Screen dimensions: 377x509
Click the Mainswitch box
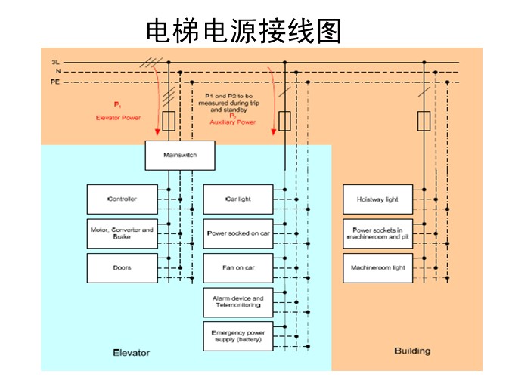coord(180,156)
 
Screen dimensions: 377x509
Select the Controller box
coord(123,199)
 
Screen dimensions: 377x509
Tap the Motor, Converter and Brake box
coord(123,233)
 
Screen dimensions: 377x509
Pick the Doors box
coord(123,267)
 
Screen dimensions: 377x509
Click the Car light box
coord(238,199)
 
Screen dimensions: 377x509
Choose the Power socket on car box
coord(238,233)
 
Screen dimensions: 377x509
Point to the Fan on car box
coord(238,267)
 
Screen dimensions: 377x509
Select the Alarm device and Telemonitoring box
coord(238,302)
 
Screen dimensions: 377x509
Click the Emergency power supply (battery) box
coord(238,335)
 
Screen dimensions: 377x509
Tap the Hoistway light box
coord(377,199)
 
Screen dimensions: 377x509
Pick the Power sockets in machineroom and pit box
coord(377,233)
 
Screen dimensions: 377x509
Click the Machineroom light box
coord(377,267)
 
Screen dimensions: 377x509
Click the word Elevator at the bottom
coord(131,353)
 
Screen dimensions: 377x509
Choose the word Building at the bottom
coord(412,351)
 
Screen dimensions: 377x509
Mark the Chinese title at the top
coord(244,30)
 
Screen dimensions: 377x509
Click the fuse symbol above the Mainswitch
coord(169,120)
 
